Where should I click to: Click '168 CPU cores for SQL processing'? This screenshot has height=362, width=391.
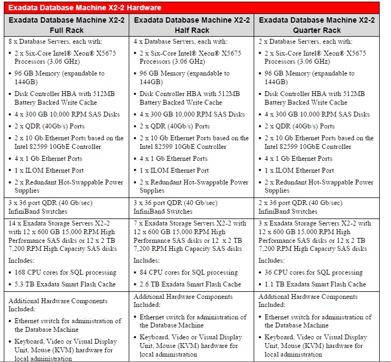click(64, 272)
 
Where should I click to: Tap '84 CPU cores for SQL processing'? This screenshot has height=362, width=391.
click(188, 272)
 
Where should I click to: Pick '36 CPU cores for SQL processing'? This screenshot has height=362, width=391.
click(313, 272)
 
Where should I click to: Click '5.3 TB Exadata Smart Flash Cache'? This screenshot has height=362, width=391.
click(65, 284)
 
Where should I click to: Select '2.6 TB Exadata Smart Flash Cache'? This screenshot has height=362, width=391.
click(190, 284)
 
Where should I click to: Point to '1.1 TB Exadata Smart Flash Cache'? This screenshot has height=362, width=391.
click(315, 284)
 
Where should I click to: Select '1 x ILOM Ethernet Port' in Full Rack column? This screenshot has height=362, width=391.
click(50, 170)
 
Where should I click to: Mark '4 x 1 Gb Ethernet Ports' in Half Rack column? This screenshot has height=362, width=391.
click(173, 159)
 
